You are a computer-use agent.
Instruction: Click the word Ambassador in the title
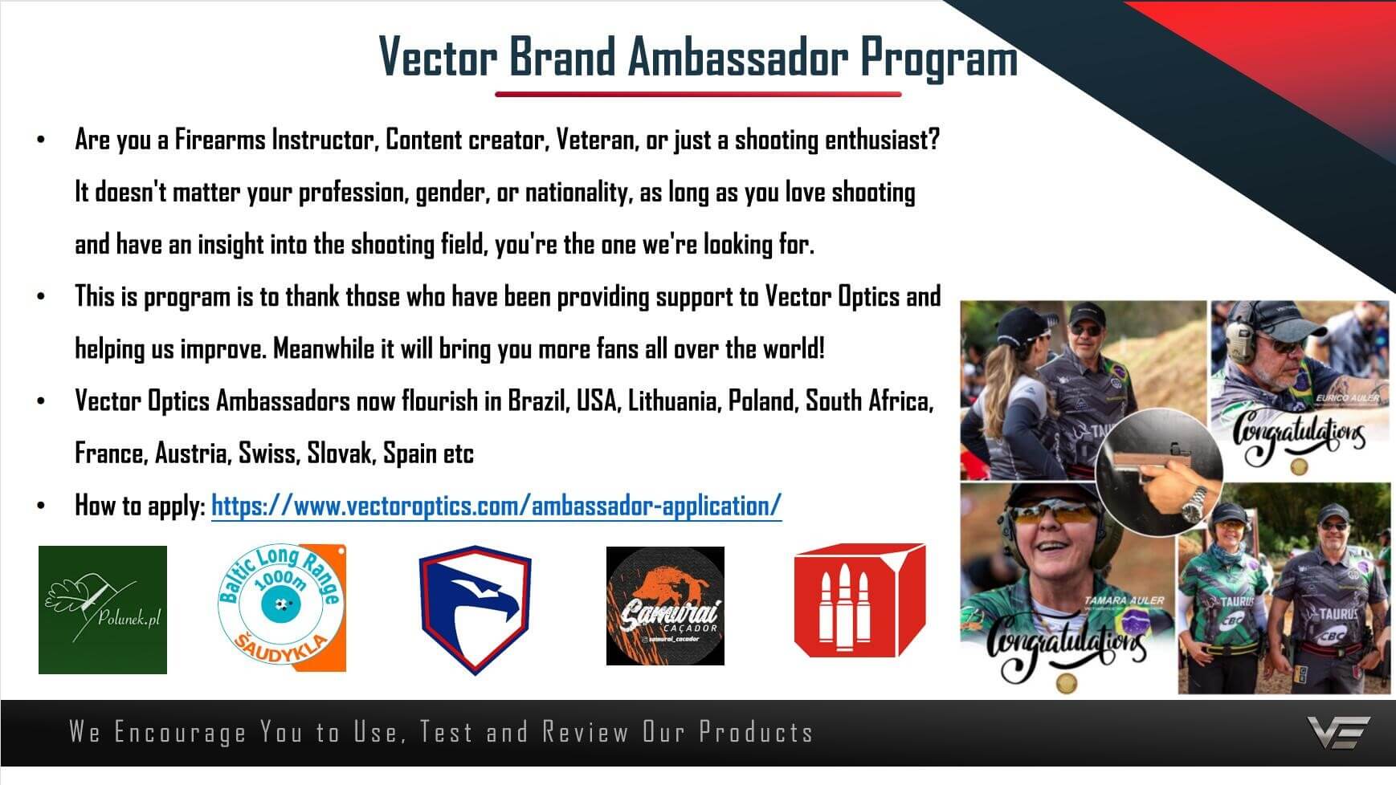coord(737,57)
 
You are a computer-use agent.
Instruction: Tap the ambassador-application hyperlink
coord(496,506)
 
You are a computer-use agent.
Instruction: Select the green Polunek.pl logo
coord(103,610)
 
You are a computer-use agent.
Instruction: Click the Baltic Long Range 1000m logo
coord(282,608)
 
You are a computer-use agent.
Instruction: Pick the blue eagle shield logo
coord(475,609)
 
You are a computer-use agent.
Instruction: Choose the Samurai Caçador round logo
coord(665,606)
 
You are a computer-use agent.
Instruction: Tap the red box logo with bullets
coord(859,600)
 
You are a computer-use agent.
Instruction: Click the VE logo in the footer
coord(1338,732)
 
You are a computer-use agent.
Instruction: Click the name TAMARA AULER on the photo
coord(1124,600)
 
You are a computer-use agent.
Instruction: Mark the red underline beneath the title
coord(698,94)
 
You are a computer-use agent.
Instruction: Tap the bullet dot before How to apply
coord(41,506)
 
